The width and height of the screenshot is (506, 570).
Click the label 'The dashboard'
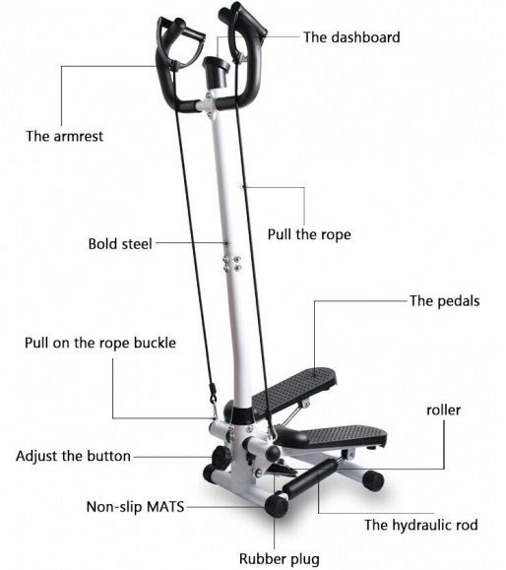(351, 37)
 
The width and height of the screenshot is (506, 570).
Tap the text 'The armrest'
(64, 136)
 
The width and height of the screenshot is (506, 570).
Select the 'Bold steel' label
(120, 243)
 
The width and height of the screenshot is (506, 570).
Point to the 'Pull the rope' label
(309, 234)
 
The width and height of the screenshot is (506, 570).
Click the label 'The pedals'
(445, 301)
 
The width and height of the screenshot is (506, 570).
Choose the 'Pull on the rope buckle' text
(100, 343)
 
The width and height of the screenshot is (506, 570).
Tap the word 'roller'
(443, 411)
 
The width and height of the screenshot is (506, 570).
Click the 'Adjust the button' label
(73, 456)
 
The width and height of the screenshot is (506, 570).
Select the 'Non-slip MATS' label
(135, 507)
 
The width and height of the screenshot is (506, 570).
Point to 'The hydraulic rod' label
(421, 526)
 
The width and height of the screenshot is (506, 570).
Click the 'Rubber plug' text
(280, 559)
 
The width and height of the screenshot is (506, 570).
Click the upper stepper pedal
(293, 389)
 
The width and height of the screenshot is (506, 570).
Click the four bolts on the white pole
(232, 264)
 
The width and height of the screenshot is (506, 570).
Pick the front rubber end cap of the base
(277, 506)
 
